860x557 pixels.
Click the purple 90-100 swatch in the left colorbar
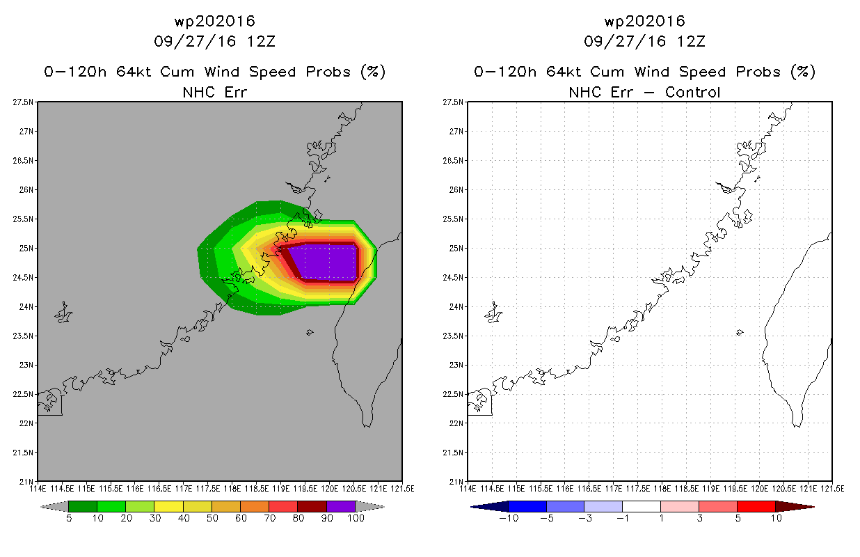click(x=341, y=506)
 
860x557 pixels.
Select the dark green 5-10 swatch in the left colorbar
click(x=83, y=506)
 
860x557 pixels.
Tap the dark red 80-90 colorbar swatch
click(x=312, y=506)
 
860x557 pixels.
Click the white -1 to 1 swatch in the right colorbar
click(x=642, y=506)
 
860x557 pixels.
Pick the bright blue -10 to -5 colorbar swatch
click(x=527, y=506)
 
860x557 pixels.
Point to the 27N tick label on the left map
click(x=26, y=132)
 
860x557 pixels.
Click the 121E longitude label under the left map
click(x=379, y=489)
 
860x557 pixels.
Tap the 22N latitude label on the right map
click(x=456, y=423)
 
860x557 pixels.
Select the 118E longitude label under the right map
click(x=662, y=489)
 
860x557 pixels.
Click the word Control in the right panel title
click(x=692, y=93)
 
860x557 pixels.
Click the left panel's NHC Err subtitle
click(x=214, y=93)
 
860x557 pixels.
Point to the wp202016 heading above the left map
click(x=214, y=21)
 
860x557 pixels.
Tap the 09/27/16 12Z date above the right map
click(x=644, y=41)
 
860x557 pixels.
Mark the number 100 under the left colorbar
click(x=356, y=518)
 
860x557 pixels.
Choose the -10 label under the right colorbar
click(x=509, y=518)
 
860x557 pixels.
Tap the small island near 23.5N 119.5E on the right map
click(x=740, y=332)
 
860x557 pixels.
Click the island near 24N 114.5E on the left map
click(x=64, y=313)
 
